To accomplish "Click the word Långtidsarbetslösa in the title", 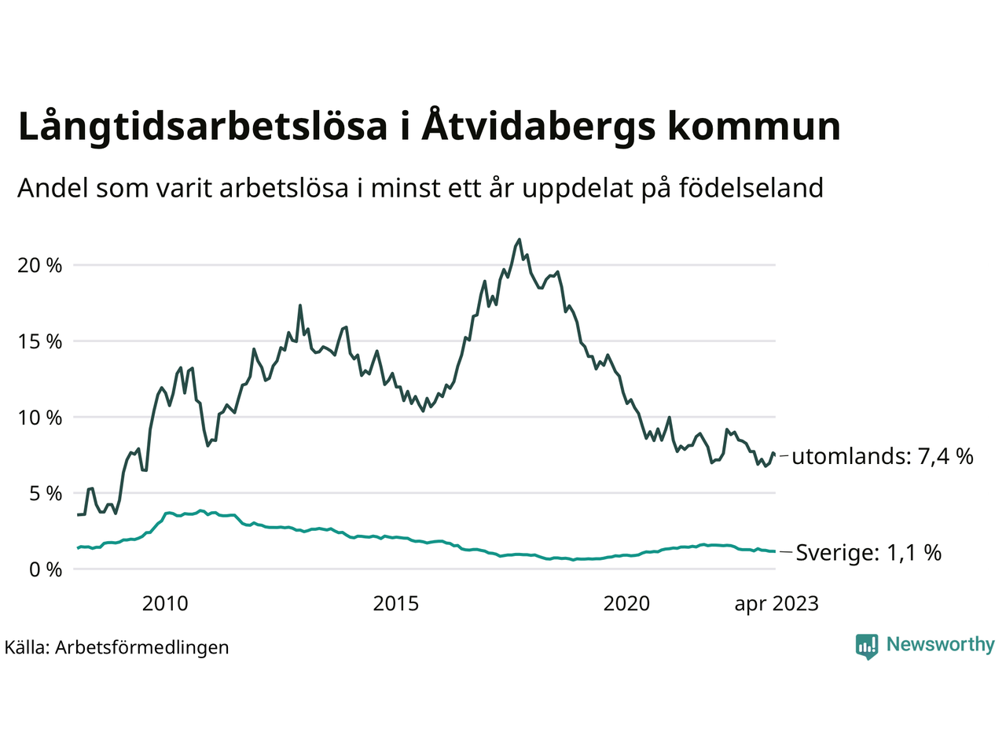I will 203,127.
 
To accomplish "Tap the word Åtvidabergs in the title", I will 538,127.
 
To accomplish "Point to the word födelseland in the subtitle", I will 751,189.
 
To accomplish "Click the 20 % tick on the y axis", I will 40,266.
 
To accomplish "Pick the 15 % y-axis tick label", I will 40,342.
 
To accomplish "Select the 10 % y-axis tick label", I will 40,418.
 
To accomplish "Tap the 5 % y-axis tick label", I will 45,494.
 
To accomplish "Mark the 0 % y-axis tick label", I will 45,569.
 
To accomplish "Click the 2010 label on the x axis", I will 165,604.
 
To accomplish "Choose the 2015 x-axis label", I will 396,604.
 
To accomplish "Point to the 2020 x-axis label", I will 626,604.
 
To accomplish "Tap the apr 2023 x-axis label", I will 777,604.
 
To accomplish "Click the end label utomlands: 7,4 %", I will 883,456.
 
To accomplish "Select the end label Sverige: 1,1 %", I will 868,553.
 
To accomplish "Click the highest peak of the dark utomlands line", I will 520,240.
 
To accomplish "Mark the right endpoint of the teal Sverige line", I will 775,551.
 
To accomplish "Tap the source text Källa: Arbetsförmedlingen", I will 117,647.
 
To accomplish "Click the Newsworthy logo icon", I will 867,646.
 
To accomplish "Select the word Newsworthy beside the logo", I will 940,645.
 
